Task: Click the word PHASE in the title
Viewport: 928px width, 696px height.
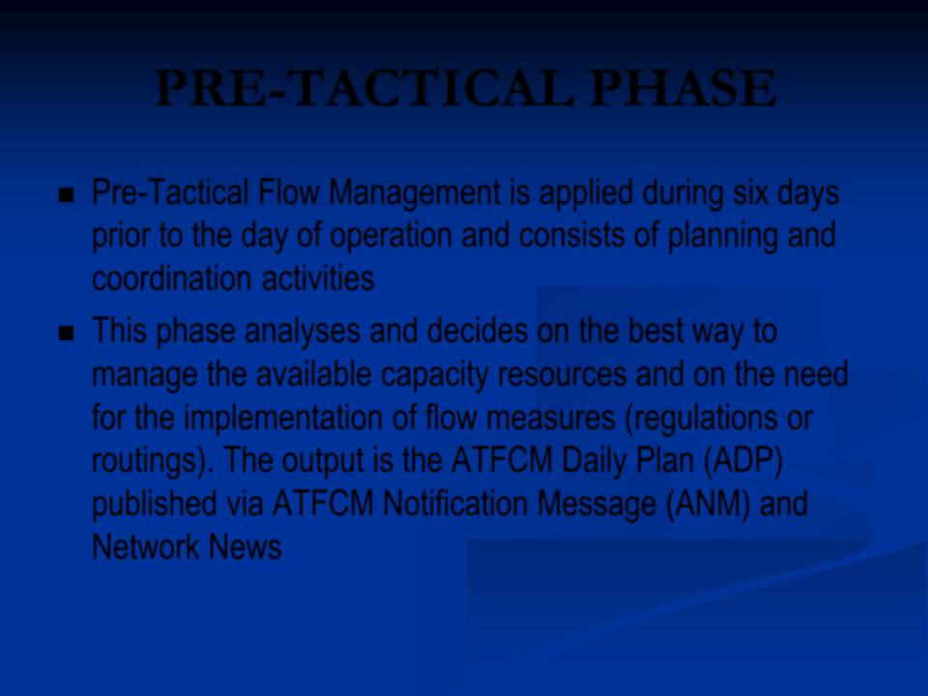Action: point(683,88)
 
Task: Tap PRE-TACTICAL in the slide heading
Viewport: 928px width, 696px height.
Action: point(365,88)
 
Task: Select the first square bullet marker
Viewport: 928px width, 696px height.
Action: point(67,195)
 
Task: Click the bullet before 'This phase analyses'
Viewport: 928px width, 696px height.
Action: point(67,333)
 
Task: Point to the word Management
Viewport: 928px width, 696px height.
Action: point(415,194)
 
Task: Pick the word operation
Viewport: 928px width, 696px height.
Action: point(390,237)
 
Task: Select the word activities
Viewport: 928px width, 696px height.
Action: point(318,278)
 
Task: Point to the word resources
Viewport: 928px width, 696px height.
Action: point(563,375)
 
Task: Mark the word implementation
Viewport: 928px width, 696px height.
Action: point(283,419)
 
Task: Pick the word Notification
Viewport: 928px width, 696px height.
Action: point(455,504)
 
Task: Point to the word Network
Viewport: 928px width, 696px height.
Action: point(146,546)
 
